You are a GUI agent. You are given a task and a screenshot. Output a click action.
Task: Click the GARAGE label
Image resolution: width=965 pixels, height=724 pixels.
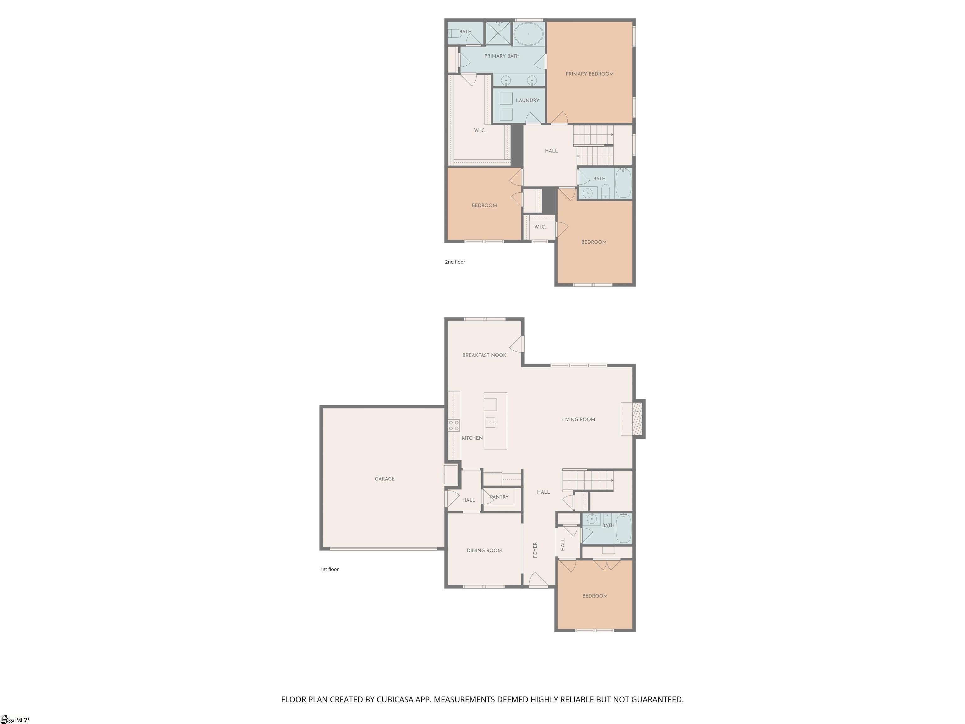click(384, 479)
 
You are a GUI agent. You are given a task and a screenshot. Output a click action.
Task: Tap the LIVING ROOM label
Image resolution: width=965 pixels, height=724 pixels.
click(578, 420)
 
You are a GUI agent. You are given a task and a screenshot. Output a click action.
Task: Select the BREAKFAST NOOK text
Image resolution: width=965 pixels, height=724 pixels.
click(484, 355)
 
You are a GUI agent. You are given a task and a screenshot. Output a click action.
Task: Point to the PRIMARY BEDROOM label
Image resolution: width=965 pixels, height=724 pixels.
click(589, 74)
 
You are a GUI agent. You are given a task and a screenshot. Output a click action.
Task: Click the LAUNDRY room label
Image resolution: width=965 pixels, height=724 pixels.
click(527, 100)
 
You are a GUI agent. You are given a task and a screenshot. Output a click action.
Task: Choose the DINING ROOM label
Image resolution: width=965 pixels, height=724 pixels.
click(484, 550)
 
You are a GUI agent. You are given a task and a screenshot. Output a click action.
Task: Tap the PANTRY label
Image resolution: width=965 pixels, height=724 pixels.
click(499, 496)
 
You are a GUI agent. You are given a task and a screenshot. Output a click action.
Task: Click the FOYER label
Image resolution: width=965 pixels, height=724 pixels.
click(535, 550)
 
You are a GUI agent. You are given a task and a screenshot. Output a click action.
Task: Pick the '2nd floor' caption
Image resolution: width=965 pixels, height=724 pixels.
click(455, 262)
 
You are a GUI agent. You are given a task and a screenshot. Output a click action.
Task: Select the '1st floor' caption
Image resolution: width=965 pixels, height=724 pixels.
click(330, 569)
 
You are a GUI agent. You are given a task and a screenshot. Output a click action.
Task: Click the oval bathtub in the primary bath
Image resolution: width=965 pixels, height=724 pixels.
click(528, 34)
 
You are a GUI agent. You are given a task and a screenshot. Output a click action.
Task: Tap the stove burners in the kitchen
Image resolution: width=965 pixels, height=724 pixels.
click(454, 425)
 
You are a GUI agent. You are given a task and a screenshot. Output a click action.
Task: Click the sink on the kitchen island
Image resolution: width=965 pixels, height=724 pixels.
click(491, 422)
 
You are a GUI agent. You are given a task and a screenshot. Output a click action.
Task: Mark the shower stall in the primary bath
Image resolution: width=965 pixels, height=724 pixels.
click(498, 33)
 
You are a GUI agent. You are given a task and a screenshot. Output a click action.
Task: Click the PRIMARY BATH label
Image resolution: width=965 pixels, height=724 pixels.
click(502, 56)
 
